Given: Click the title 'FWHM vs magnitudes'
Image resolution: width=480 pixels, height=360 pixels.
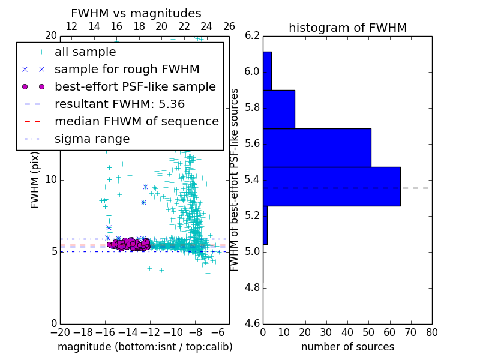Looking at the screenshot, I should pos(136,14).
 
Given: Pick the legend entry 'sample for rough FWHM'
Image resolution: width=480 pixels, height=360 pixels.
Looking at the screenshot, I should pos(127,69).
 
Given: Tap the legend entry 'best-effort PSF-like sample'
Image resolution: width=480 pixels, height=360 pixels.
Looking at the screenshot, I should pos(135,86).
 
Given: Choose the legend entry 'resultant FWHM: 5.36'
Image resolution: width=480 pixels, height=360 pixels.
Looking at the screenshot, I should pos(132,104).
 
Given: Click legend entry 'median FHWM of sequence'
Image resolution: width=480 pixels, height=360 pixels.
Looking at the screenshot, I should pos(136,121).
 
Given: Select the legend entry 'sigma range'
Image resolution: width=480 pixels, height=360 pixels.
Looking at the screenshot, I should pos(92,139).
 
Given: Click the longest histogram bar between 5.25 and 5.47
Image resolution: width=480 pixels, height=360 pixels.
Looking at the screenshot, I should pos(331,186).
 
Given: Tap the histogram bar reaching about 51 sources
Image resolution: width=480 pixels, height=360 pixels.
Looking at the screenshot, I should pos(316,148).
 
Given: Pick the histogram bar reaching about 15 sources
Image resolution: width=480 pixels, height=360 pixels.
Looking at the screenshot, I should pos(278,109).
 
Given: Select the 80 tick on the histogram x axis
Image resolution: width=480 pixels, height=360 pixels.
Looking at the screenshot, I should pos(431,332).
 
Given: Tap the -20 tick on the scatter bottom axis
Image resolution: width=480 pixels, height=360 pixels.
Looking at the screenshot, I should pos(59,332).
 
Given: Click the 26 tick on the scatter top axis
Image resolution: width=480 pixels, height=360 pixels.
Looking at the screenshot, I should pos(229,26).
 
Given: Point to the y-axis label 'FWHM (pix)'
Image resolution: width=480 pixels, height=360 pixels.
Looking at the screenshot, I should pos(35,180).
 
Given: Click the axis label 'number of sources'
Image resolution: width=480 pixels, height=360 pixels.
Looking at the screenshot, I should pos(347,347).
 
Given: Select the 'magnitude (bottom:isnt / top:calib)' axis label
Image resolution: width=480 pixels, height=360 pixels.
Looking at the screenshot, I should pos(145,347).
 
